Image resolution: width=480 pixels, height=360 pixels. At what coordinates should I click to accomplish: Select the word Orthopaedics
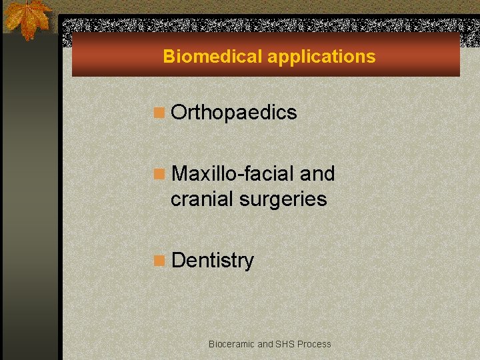click(233, 113)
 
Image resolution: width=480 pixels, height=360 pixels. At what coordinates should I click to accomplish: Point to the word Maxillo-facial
click(233, 174)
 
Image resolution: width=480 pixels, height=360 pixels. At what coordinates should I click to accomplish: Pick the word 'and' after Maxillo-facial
click(317, 174)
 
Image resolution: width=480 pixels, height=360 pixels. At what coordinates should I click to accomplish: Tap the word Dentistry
click(212, 261)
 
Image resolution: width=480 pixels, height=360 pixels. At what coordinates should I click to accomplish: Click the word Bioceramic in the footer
click(231, 344)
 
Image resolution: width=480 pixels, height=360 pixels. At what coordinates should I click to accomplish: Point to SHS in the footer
click(285, 344)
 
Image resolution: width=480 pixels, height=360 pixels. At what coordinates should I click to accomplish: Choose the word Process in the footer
click(314, 344)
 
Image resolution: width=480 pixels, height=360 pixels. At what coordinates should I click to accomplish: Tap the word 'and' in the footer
click(265, 344)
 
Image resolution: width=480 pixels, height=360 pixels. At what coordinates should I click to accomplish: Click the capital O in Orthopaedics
click(179, 113)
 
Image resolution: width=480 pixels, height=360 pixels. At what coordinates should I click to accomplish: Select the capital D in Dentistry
click(178, 261)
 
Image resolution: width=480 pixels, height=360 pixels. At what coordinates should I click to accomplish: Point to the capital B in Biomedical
click(169, 57)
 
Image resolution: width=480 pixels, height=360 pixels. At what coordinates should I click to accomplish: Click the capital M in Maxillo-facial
click(180, 174)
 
